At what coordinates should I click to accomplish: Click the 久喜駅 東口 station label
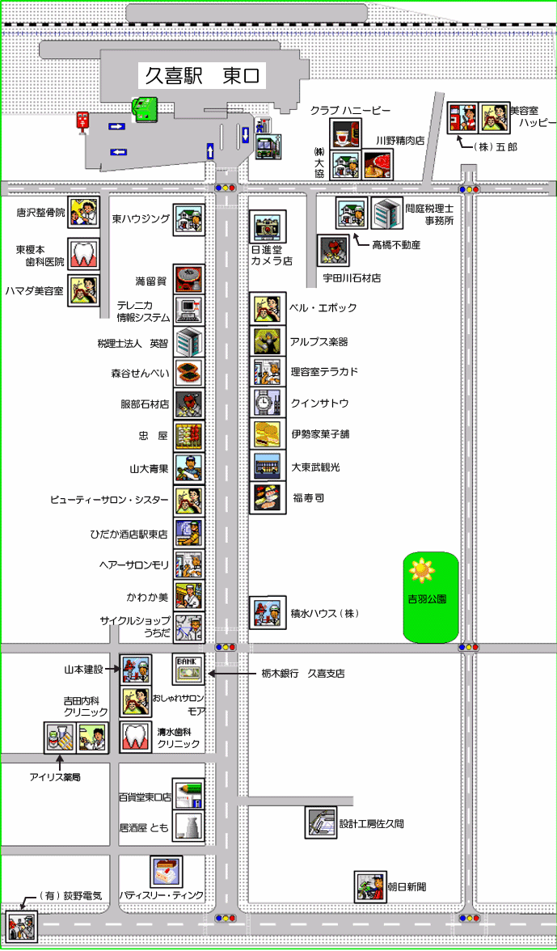pyautogui.click(x=202, y=75)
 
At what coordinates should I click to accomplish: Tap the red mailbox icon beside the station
pyautogui.click(x=82, y=120)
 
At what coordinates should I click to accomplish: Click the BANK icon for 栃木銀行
pyautogui.click(x=189, y=670)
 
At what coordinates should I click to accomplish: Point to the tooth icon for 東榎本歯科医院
pyautogui.click(x=83, y=254)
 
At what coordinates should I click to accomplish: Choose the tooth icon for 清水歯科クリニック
pyautogui.click(x=135, y=737)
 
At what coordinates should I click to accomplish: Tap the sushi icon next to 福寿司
pyautogui.click(x=268, y=498)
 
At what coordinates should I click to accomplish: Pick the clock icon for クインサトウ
pyautogui.click(x=268, y=402)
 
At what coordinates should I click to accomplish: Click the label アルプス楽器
pyautogui.click(x=319, y=341)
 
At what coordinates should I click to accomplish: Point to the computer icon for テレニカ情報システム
pyautogui.click(x=189, y=309)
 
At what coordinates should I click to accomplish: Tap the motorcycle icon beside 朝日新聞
pyautogui.click(x=369, y=886)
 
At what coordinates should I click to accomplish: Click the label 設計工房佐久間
pyautogui.click(x=371, y=823)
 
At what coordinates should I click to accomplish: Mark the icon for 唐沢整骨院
pyautogui.click(x=83, y=213)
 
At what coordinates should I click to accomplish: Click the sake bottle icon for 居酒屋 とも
pyautogui.click(x=189, y=825)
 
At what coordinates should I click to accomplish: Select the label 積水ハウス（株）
pyautogui.click(x=325, y=613)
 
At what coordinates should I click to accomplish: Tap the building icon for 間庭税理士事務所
pyautogui.click(x=386, y=213)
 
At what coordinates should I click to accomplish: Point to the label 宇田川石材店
pyautogui.click(x=352, y=278)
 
